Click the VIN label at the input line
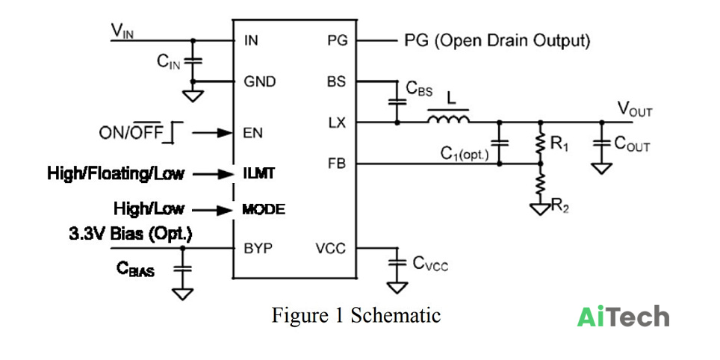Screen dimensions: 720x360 [122, 31]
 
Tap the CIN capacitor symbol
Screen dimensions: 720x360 [193, 60]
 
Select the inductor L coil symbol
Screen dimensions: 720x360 [448, 117]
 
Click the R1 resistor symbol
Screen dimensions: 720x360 [541, 143]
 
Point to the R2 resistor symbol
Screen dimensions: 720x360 [541, 184]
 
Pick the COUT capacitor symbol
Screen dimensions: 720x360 [601, 143]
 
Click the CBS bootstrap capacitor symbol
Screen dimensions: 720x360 [397, 102]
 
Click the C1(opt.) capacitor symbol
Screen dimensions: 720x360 [500, 143]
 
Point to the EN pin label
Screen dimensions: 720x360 [253, 133]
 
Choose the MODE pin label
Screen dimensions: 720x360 [264, 210]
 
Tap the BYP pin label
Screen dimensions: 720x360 [258, 249]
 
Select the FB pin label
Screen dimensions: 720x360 [337, 164]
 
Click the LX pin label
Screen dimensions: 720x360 [337, 122]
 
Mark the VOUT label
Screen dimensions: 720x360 [634, 109]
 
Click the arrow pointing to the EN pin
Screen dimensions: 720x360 [212, 133]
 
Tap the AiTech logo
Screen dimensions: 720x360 [623, 317]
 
